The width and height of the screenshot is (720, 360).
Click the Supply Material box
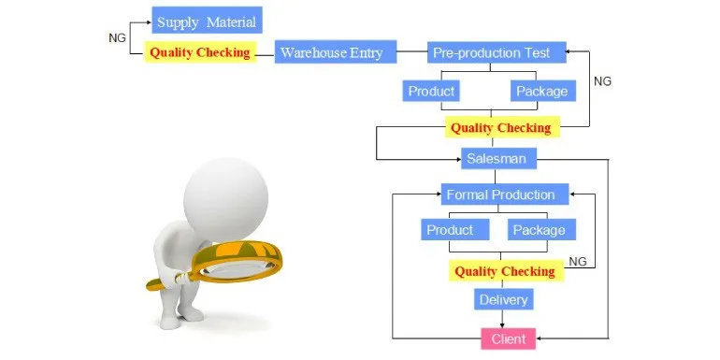tap(207, 20)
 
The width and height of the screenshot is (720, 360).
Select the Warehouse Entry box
tap(336, 51)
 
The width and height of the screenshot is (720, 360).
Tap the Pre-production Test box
tap(497, 51)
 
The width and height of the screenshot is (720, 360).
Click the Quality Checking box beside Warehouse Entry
tap(201, 52)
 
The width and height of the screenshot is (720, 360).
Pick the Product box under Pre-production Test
tap(431, 91)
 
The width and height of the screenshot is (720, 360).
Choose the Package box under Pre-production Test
tap(543, 91)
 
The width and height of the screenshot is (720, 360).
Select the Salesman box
tap(498, 158)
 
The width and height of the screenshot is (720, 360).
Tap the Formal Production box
tap(505, 194)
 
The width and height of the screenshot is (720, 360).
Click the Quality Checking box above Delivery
tap(506, 271)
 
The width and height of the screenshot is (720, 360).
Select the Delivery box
tap(504, 299)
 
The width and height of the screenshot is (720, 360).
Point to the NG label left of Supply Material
tap(117, 38)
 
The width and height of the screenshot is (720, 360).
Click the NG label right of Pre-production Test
tap(602, 81)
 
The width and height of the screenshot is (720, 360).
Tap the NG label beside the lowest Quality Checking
tap(578, 261)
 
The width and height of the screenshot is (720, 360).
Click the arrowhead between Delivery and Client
tap(502, 324)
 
